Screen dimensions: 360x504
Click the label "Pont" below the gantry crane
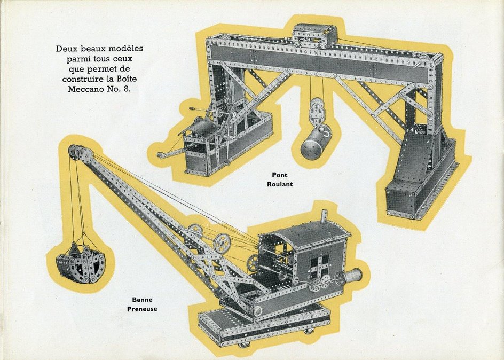pos(279,175)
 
